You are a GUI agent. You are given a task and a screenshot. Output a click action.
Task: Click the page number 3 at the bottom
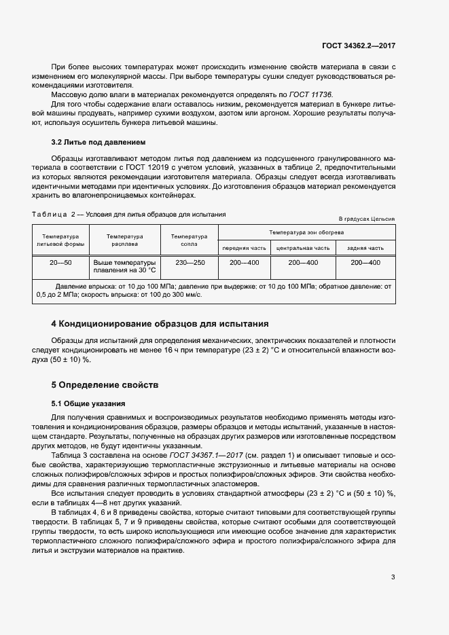(393, 558)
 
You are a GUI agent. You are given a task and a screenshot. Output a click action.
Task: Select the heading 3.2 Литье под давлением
(98, 143)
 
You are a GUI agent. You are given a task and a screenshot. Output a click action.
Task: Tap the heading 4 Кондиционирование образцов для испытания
(160, 323)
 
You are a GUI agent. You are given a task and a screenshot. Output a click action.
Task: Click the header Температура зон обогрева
(306, 232)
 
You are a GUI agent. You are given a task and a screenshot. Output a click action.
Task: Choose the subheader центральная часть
(303, 249)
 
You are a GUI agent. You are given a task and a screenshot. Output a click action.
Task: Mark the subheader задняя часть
(365, 249)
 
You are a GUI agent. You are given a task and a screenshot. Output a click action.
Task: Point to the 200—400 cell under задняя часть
(365, 261)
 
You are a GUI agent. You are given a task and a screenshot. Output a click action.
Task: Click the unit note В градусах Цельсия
(367, 219)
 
